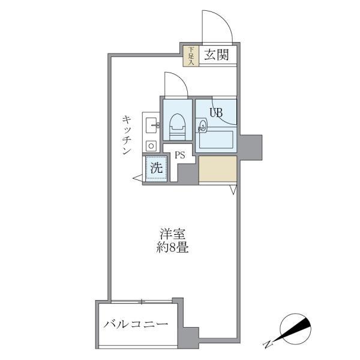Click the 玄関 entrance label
215,55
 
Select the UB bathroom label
216,111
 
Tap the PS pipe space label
179,155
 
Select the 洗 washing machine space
156,169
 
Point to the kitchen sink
150,125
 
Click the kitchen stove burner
150,145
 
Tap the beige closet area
217,169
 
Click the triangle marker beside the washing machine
137,177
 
